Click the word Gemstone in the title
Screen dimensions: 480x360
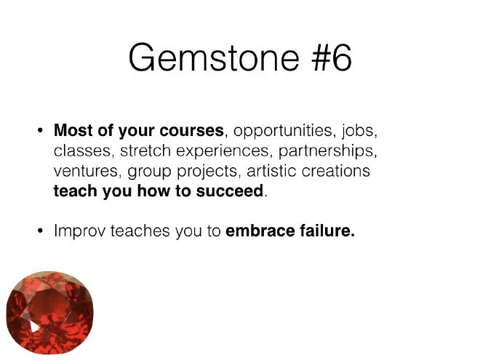click(x=214, y=57)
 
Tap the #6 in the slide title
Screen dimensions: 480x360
click(x=332, y=57)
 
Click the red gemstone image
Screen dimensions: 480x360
click(x=50, y=313)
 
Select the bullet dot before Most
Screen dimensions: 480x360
click(x=40, y=131)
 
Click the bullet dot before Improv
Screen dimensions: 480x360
click(x=40, y=231)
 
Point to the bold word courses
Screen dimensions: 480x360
click(x=191, y=131)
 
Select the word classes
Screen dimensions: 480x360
click(x=81, y=151)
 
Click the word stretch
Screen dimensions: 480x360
click(x=145, y=151)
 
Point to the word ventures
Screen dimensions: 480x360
click(x=85, y=171)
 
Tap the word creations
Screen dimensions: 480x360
click(x=336, y=170)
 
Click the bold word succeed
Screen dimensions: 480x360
click(x=230, y=191)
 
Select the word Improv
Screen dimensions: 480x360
click(x=79, y=231)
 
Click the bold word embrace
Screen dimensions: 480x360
click(x=260, y=231)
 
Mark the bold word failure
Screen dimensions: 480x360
click(x=326, y=231)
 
